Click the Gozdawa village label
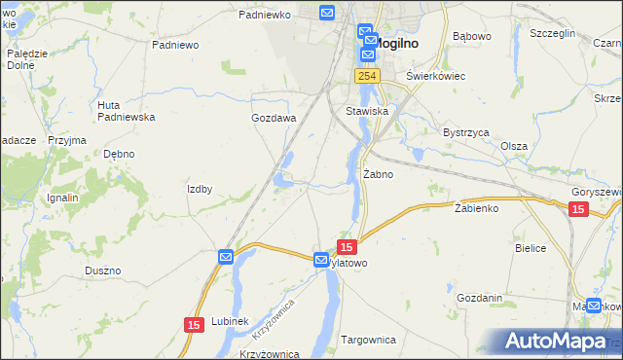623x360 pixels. coord(273,118)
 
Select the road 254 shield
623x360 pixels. coord(366,76)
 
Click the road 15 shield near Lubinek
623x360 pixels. coord(193,324)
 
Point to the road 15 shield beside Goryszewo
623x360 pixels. coord(578,210)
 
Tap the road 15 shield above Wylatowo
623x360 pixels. coord(347,248)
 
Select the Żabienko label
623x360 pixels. coord(476,208)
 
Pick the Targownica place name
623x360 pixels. coord(368,340)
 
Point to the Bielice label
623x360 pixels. coord(531,248)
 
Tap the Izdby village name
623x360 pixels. coord(200,189)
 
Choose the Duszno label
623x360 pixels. coord(102,270)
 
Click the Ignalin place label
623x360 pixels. coord(62,198)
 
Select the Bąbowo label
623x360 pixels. coord(472,37)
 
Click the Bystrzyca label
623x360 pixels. coord(465,131)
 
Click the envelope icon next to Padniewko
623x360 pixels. coord(326,14)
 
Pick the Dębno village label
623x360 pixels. coord(119,154)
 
